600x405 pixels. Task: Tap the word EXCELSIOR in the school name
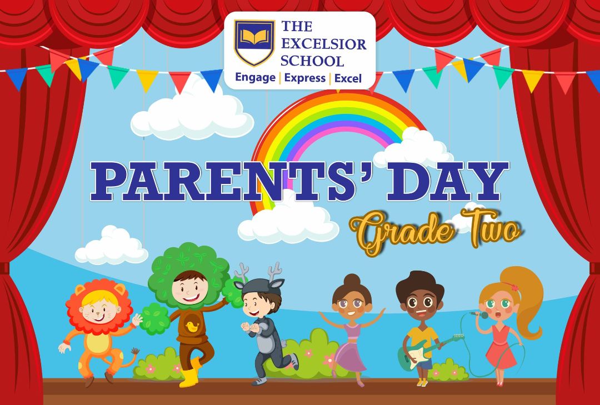324,44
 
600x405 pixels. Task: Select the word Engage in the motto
255,78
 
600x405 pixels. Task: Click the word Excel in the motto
348,78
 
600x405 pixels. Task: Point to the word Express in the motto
304,78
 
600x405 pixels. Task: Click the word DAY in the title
447,181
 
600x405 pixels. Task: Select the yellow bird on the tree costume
192,327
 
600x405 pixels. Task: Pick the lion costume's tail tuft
134,351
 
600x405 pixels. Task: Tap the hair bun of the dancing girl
352,280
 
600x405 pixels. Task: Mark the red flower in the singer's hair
514,287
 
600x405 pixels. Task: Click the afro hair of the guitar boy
419,286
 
